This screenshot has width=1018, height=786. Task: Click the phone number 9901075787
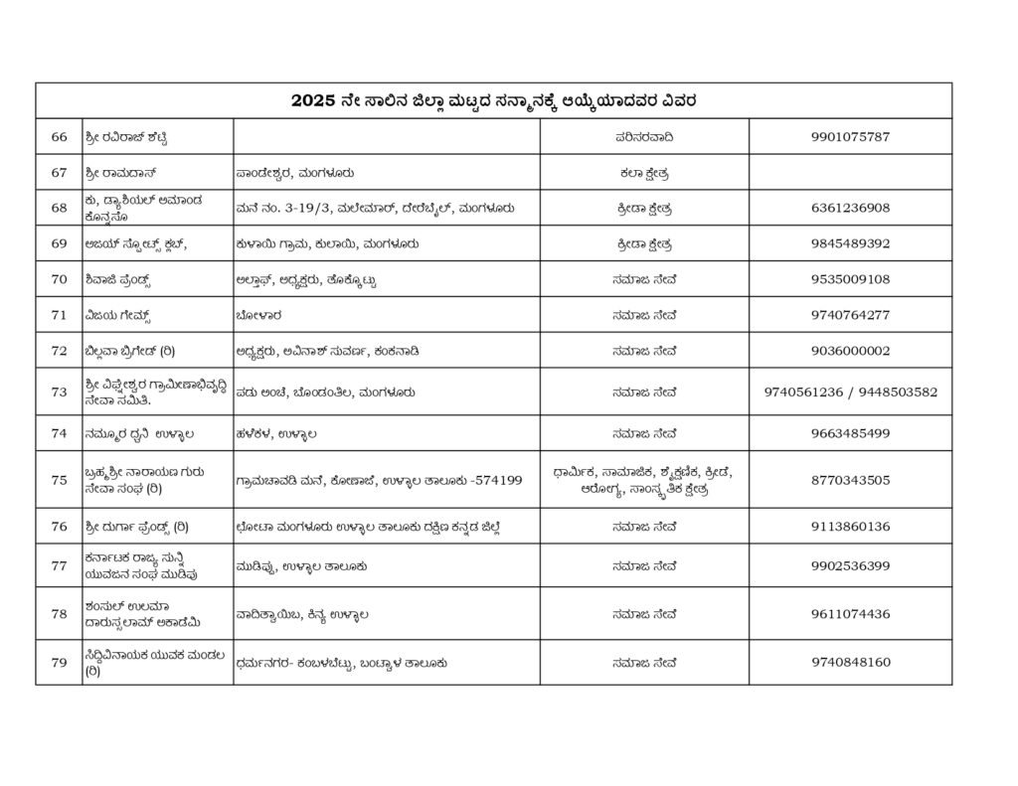[x=850, y=136]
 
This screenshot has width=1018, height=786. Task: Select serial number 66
[x=59, y=136]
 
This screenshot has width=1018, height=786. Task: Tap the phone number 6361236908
[x=850, y=208]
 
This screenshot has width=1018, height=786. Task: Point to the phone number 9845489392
[x=850, y=243]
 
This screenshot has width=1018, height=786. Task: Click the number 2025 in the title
[x=313, y=100]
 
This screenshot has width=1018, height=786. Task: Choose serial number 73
[x=59, y=393]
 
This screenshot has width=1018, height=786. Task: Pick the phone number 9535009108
[x=850, y=279]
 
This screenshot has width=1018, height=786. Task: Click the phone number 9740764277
[x=850, y=315]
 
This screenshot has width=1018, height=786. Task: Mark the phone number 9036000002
[x=850, y=351]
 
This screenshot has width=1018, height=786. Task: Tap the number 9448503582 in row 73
[x=895, y=393]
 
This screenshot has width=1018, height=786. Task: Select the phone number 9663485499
[x=850, y=433]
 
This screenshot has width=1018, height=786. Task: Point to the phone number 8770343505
[x=850, y=480]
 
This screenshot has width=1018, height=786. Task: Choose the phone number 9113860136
[x=850, y=526]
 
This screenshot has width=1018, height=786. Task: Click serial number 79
[x=59, y=663]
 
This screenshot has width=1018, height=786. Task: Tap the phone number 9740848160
[x=850, y=663]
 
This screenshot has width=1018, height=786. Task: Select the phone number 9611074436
[x=850, y=614]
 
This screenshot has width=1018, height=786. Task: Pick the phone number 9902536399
[x=850, y=566]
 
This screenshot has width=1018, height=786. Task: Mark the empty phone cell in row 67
[x=850, y=172]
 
